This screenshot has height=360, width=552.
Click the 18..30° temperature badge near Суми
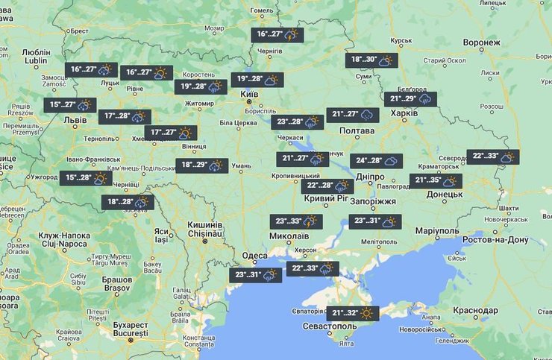pos(375,61)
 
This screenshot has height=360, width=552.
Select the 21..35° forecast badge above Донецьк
pos(436,181)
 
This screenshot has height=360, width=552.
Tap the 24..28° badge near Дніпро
pos(377,161)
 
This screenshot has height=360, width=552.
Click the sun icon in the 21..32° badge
pos(366,314)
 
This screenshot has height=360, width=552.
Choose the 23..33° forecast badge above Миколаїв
pos(297,221)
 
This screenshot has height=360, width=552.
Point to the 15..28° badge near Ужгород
pos(86,178)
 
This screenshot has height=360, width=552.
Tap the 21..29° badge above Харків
pos(412,99)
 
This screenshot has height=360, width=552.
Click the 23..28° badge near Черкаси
pos(298,121)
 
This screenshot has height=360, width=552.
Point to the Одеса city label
pos(255,255)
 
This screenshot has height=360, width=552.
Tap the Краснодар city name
pos(474,310)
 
